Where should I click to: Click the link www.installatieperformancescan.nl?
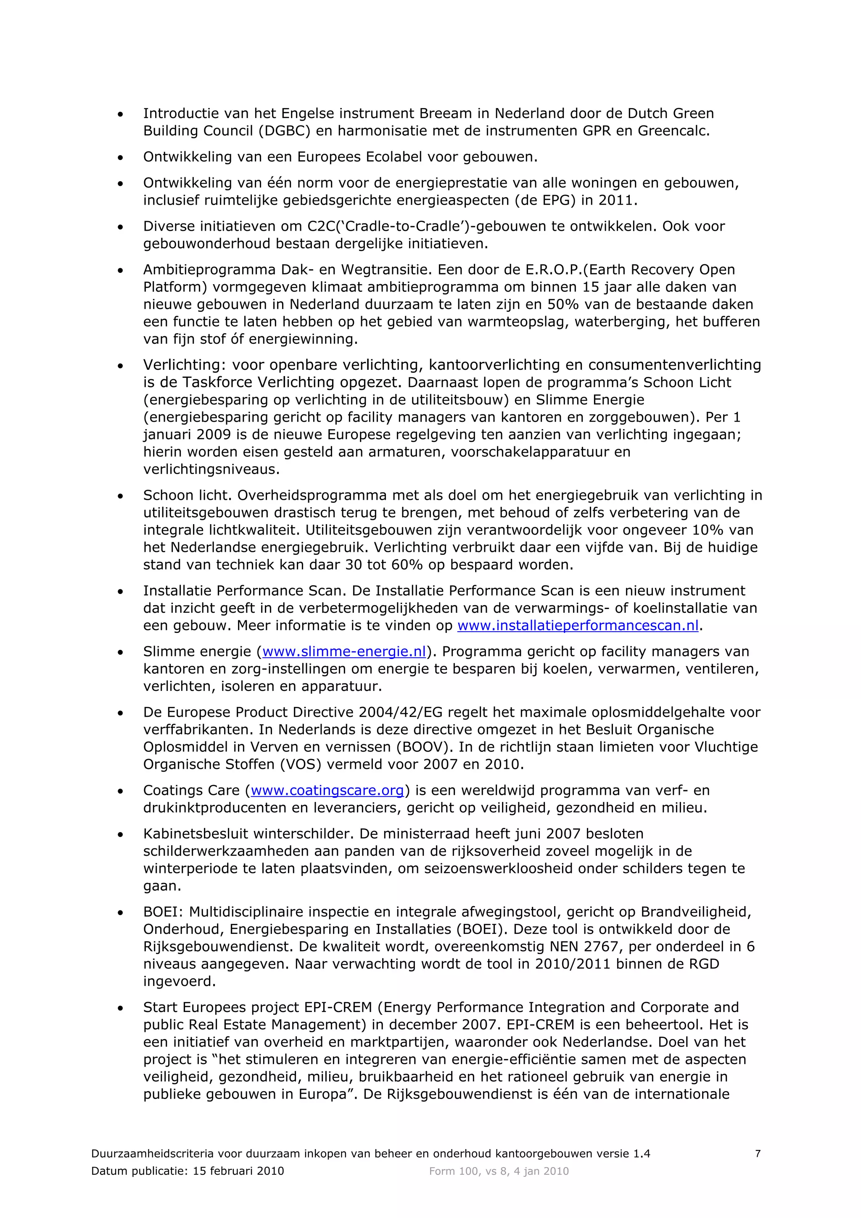pos(578,625)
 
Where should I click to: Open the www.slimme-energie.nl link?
pos(344,651)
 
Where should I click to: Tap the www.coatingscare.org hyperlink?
pos(327,791)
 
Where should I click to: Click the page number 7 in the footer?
pos(758,1153)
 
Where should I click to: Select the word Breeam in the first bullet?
pos(445,113)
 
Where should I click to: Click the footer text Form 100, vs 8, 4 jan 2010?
pos(499,1171)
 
